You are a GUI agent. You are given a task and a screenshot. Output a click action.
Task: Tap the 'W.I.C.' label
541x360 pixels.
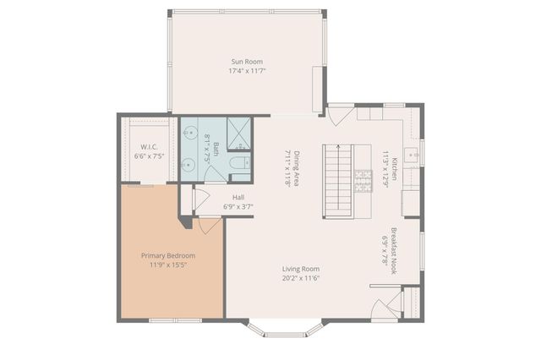click(150, 145)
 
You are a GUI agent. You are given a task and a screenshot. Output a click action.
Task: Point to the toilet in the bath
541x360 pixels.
click(239, 162)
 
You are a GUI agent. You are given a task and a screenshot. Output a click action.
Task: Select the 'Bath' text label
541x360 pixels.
click(216, 150)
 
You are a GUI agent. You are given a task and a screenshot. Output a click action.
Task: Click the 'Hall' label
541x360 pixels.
click(238, 196)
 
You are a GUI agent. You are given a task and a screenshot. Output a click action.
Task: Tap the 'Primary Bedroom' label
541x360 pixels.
click(167, 255)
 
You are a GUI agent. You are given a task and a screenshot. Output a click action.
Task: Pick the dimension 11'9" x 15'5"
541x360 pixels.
click(167, 265)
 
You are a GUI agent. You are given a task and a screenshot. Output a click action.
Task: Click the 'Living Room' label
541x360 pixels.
click(302, 269)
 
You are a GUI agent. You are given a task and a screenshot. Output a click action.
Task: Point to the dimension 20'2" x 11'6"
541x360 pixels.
click(302, 278)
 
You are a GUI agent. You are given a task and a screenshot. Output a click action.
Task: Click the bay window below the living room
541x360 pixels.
click(284, 329)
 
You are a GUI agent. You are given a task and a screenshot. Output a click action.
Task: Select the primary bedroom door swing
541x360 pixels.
click(210, 226)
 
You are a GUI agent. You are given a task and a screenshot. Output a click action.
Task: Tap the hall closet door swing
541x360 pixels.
click(200, 199)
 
